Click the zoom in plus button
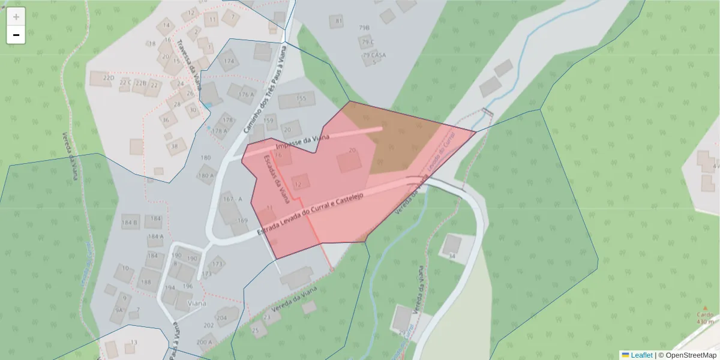[x=16, y=17]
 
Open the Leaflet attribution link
[x=641, y=355]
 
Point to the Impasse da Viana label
[x=302, y=143]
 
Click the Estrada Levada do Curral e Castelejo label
[x=311, y=215]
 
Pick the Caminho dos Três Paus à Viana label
[x=264, y=90]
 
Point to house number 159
[x=269, y=121]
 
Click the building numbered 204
[x=223, y=317]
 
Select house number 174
[x=229, y=61]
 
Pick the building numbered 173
[x=217, y=263]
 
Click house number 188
[x=146, y=281]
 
